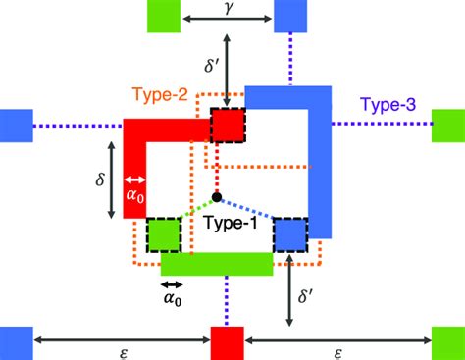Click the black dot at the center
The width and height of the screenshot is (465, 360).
click(x=216, y=196)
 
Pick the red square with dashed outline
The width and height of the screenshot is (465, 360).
click(x=228, y=126)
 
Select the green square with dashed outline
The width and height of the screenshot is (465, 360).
click(x=164, y=234)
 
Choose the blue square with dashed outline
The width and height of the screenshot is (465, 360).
click(x=290, y=234)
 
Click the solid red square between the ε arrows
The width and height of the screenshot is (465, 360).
click(x=227, y=343)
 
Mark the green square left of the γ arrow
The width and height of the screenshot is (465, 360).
click(x=162, y=17)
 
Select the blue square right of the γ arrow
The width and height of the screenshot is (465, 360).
click(x=291, y=17)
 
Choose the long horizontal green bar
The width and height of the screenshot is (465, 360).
click(x=217, y=263)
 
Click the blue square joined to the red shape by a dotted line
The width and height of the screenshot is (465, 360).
click(x=16, y=125)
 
